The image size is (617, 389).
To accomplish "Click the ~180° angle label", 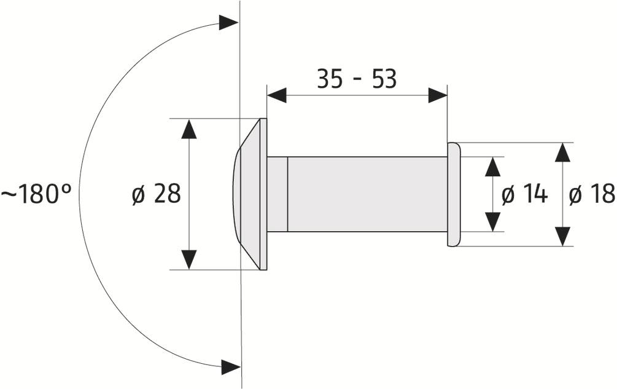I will [36, 195].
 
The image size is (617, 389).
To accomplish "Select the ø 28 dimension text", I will [157, 194].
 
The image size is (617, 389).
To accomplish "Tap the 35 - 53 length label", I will [357, 79].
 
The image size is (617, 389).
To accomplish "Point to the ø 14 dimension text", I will [524, 195].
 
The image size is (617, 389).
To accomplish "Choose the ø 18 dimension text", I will [591, 195].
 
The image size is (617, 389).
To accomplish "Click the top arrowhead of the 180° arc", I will [228, 23].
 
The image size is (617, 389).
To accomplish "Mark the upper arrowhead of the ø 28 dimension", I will [189, 129].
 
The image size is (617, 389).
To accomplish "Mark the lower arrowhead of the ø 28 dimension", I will [189, 259].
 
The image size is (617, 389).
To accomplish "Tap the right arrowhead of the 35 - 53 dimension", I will [437, 95].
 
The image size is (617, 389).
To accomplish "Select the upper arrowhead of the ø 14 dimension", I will [493, 167].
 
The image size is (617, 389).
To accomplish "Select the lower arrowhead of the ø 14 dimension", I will [493, 222].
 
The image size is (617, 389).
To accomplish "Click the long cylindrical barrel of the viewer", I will [367, 194].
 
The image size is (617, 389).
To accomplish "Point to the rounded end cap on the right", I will [454, 194].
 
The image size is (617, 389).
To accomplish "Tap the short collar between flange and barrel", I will [277, 194].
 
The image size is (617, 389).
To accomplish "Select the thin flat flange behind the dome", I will [263, 194].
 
